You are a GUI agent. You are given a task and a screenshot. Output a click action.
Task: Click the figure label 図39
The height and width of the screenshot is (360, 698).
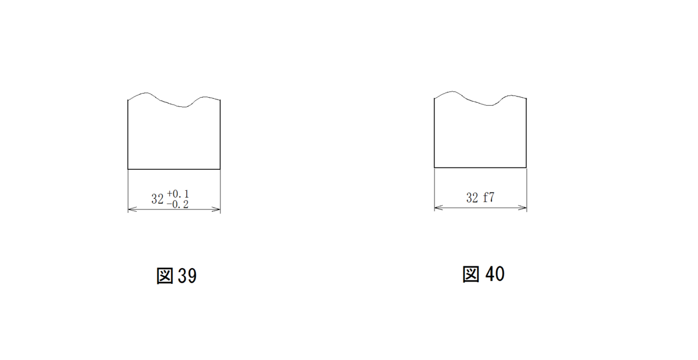pyautogui.click(x=176, y=276)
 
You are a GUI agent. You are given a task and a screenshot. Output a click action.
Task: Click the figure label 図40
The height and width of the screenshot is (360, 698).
pyautogui.click(x=483, y=275)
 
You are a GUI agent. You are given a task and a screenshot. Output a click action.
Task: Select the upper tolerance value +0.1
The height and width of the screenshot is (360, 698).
pyautogui.click(x=178, y=194)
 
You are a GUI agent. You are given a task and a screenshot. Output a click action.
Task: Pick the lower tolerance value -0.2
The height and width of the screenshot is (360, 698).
pyautogui.click(x=177, y=205)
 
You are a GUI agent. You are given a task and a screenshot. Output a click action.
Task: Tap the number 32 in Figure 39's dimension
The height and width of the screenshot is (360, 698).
pyautogui.click(x=158, y=199)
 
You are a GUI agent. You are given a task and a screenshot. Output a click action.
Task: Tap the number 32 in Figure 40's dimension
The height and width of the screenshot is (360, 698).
pyautogui.click(x=472, y=198)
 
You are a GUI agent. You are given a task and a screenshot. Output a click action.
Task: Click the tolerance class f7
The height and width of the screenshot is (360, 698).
pyautogui.click(x=489, y=197)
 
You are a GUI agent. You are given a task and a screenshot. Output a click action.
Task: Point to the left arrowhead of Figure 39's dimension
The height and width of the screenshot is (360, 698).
pyautogui.click(x=132, y=209)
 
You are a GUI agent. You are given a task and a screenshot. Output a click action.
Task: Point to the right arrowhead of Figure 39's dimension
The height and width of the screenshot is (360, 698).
pyautogui.click(x=216, y=209)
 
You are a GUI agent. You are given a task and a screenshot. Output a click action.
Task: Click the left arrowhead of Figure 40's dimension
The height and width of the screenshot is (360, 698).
pyautogui.click(x=439, y=208)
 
